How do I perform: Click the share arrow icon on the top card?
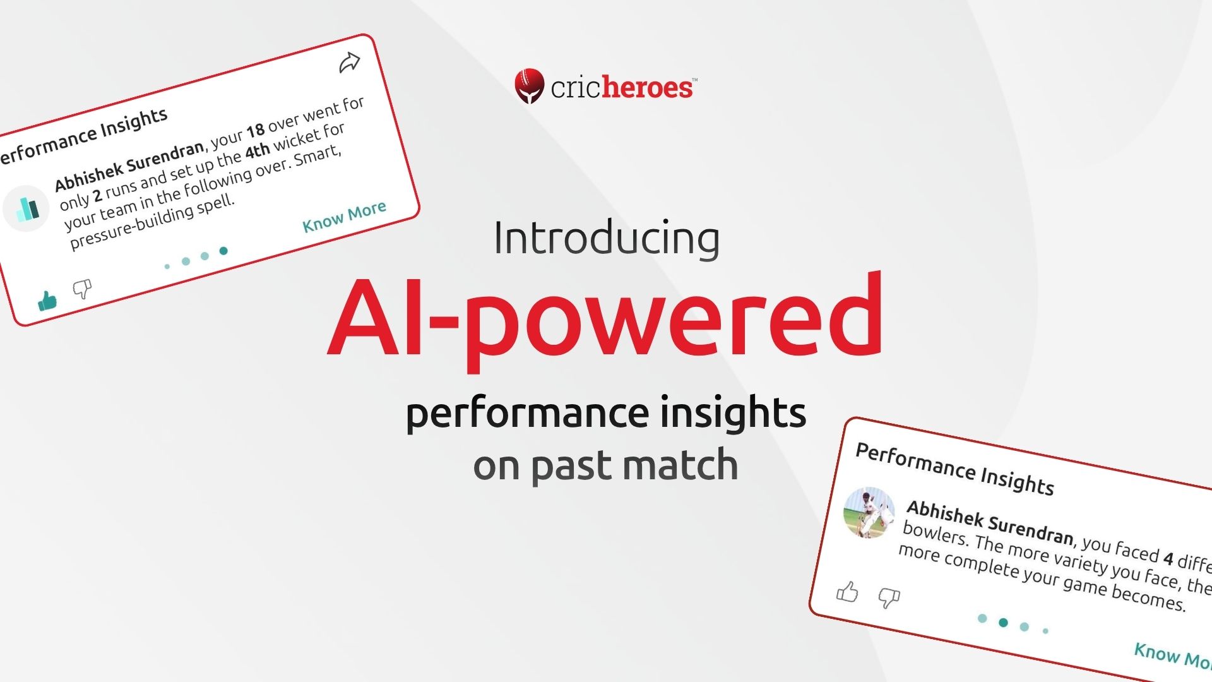click(x=349, y=63)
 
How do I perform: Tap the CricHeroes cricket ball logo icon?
click(x=529, y=85)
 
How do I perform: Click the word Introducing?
click(x=606, y=238)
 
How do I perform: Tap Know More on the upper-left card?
click(x=344, y=217)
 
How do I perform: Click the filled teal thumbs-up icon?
click(x=47, y=301)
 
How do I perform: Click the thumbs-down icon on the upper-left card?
click(x=82, y=289)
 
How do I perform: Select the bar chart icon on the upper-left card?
click(x=27, y=208)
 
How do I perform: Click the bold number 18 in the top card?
click(x=255, y=131)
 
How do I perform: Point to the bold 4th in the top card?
click(x=257, y=152)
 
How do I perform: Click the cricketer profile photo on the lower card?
click(x=869, y=512)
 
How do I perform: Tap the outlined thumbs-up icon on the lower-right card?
click(x=847, y=592)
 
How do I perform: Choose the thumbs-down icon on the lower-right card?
click(x=889, y=597)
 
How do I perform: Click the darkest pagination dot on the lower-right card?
click(x=1003, y=623)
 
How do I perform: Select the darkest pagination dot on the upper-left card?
click(x=223, y=251)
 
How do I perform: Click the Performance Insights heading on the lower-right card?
click(x=954, y=469)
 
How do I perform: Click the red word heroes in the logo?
click(x=647, y=88)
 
